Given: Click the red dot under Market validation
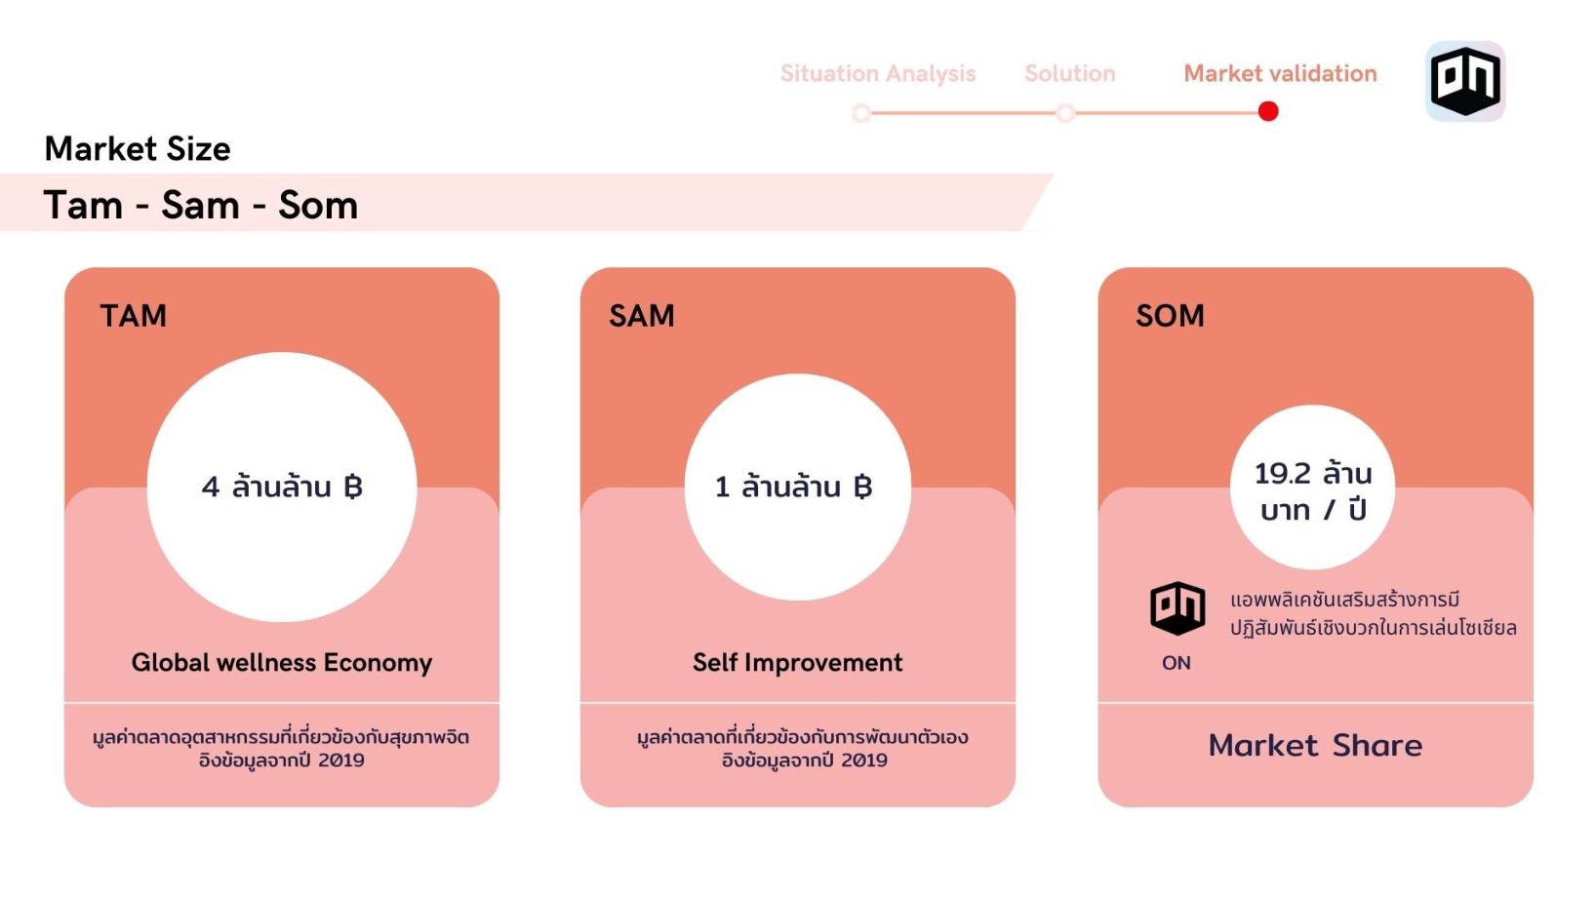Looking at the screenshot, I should point(1268,112).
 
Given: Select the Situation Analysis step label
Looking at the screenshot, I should point(877,74).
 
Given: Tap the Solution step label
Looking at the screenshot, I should point(1069,74).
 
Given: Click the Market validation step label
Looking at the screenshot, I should point(1280,74).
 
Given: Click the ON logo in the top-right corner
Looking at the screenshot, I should point(1464,81).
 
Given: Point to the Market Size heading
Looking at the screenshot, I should point(138,149).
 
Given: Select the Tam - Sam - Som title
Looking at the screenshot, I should point(201,206).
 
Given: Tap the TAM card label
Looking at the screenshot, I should point(134,316).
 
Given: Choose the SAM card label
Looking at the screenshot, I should point(642,316).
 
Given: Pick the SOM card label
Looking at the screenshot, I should point(1170,316).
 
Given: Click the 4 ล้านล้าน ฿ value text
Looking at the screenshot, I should point(282,487).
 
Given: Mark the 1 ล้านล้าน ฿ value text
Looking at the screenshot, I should point(793,487).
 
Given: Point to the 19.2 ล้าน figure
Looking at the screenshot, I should point(1313,474).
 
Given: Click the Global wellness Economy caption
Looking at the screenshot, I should point(282,663).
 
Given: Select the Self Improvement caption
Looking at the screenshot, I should point(797,663).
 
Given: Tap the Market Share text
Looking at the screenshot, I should point(1315,746).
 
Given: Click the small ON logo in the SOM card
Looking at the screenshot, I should point(1177,607).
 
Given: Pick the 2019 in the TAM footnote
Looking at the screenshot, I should point(340,760).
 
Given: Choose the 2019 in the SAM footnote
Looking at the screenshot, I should point(863,760).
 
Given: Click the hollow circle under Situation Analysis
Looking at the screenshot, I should point(861,113).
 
